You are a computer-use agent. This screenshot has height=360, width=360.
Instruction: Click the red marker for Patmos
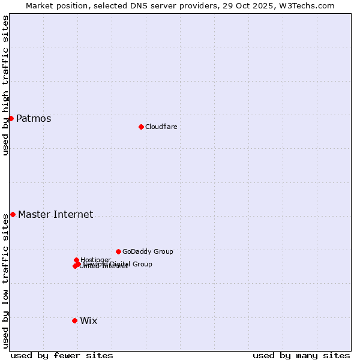11,118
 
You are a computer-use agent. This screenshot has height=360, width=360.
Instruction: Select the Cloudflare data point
141,127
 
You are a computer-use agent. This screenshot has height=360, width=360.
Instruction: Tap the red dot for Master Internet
13,214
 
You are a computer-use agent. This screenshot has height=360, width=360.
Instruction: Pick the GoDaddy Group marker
118,251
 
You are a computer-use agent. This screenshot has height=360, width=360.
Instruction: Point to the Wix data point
74,320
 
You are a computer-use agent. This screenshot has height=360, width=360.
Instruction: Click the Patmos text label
34,118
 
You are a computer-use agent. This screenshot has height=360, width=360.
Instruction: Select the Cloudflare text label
161,127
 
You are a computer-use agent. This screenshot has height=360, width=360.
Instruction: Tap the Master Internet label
55,214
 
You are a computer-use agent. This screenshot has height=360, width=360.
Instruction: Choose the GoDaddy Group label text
148,251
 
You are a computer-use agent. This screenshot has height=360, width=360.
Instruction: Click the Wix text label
88,320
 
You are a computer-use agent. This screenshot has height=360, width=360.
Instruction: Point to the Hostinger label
95,260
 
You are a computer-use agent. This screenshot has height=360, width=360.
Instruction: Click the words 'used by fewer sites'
62,355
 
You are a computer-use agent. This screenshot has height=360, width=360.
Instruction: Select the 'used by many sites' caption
301,355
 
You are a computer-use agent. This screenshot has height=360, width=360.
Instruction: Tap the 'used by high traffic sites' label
5,85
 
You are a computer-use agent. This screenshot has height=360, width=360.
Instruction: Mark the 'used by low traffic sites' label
5,281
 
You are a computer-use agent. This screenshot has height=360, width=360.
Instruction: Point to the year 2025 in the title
268,5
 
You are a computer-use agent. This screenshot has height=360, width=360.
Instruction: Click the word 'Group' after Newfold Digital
142,264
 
